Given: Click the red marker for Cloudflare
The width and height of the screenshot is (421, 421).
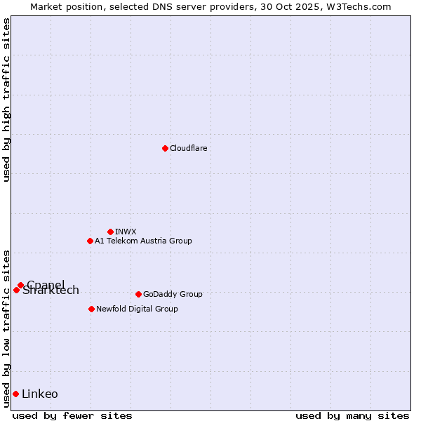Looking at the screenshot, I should click(x=165, y=148).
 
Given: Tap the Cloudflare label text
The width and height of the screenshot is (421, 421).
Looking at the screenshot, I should click(x=188, y=148).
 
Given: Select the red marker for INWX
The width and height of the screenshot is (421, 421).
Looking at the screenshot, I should click(x=110, y=232).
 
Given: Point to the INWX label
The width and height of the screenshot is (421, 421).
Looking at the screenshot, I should click(x=126, y=232).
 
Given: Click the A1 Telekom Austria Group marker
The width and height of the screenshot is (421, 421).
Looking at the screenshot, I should click(x=90, y=241).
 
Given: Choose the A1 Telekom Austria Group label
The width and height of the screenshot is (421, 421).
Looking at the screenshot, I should click(x=143, y=241).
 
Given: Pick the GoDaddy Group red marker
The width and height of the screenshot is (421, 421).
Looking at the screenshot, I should click(x=138, y=294).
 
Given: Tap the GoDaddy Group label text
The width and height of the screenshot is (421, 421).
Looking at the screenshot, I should click(x=172, y=294).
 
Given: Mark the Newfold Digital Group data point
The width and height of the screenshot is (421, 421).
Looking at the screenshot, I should click(x=91, y=309).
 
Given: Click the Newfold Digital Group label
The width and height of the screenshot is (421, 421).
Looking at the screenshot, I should click(x=137, y=309).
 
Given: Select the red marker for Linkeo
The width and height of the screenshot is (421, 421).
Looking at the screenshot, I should click(x=15, y=394).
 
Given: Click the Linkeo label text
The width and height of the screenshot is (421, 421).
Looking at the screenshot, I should click(x=40, y=394).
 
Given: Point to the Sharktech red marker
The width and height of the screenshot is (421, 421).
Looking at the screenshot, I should click(x=16, y=290).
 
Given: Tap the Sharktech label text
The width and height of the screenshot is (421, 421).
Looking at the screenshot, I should click(x=51, y=291).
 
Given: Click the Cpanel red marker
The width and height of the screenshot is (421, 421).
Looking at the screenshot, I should click(x=21, y=285).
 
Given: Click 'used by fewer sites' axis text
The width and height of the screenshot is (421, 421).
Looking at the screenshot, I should click(x=72, y=415).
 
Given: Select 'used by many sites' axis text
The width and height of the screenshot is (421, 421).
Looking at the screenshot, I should click(x=352, y=415).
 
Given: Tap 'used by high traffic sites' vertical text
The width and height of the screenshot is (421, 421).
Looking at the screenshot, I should click(x=6, y=100).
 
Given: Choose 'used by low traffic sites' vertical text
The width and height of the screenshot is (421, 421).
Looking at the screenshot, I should click(x=6, y=328).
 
